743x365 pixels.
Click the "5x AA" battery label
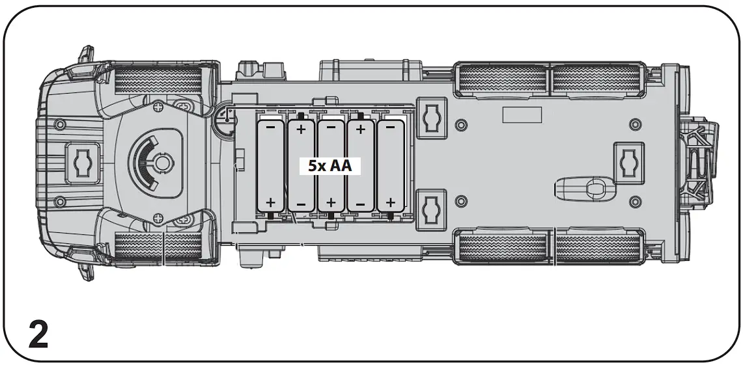[x=330, y=166]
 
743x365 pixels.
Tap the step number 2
[x=38, y=335]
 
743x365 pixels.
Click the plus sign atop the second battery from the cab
[x=301, y=129]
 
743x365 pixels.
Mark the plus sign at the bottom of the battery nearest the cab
[x=270, y=202]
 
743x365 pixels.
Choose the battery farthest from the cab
[x=391, y=166]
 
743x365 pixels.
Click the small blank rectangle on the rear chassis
[x=522, y=115]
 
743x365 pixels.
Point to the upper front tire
[x=158, y=80]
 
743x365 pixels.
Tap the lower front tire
[x=158, y=247]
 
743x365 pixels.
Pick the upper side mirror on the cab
[x=85, y=55]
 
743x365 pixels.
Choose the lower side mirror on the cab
[x=85, y=270]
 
